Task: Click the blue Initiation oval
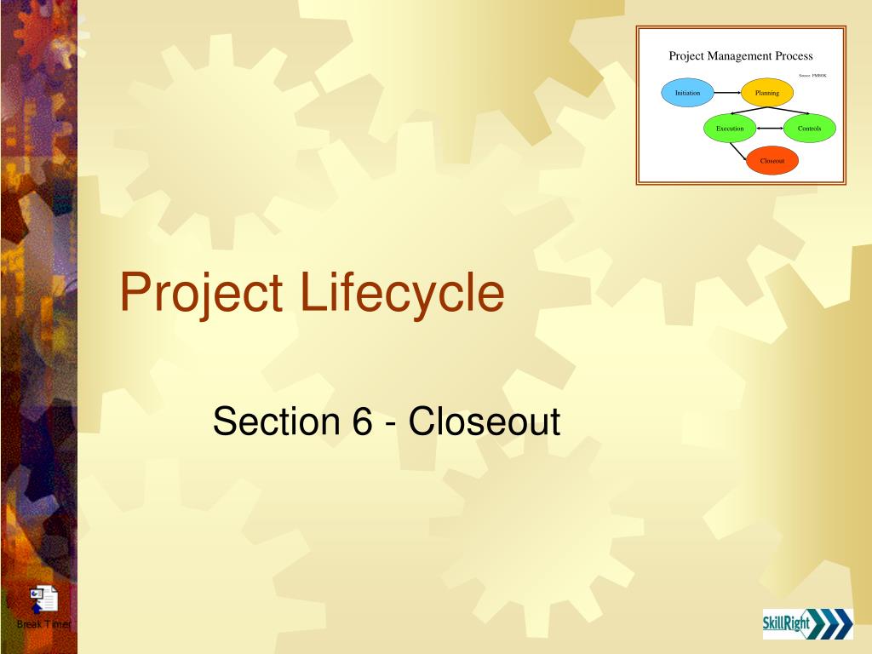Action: [687, 93]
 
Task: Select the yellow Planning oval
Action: [766, 93]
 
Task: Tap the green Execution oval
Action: [730, 129]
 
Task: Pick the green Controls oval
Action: [809, 129]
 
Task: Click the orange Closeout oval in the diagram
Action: [772, 160]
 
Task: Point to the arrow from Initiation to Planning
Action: [726, 93]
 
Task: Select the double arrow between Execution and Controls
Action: [770, 129]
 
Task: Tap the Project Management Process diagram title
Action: [740, 56]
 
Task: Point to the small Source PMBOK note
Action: [812, 76]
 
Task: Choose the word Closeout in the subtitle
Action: [484, 422]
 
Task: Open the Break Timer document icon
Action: [43, 599]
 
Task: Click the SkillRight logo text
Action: [786, 624]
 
